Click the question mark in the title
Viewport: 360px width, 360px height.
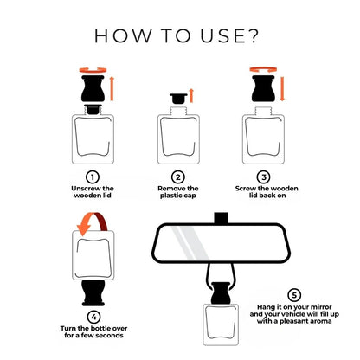coord(252,35)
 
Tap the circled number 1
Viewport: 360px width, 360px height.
coord(93,177)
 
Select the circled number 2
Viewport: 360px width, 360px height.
coord(178,177)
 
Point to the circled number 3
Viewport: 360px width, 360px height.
coord(264,177)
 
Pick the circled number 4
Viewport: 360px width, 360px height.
coord(93,318)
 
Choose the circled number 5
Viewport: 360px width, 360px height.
coord(294,295)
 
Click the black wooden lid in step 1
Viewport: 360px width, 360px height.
coord(93,88)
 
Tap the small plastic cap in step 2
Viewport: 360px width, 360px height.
coord(178,99)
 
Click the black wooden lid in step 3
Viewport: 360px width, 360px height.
coord(263,88)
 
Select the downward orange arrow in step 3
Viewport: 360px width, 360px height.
coord(282,89)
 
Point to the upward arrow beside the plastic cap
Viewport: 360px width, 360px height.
coord(191,96)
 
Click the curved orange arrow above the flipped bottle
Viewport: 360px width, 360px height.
coord(93,223)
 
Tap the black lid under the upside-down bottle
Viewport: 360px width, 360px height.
coord(93,292)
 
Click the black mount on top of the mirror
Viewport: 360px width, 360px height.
coord(222,218)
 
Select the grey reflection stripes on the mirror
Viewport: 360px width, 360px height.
coord(190,242)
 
